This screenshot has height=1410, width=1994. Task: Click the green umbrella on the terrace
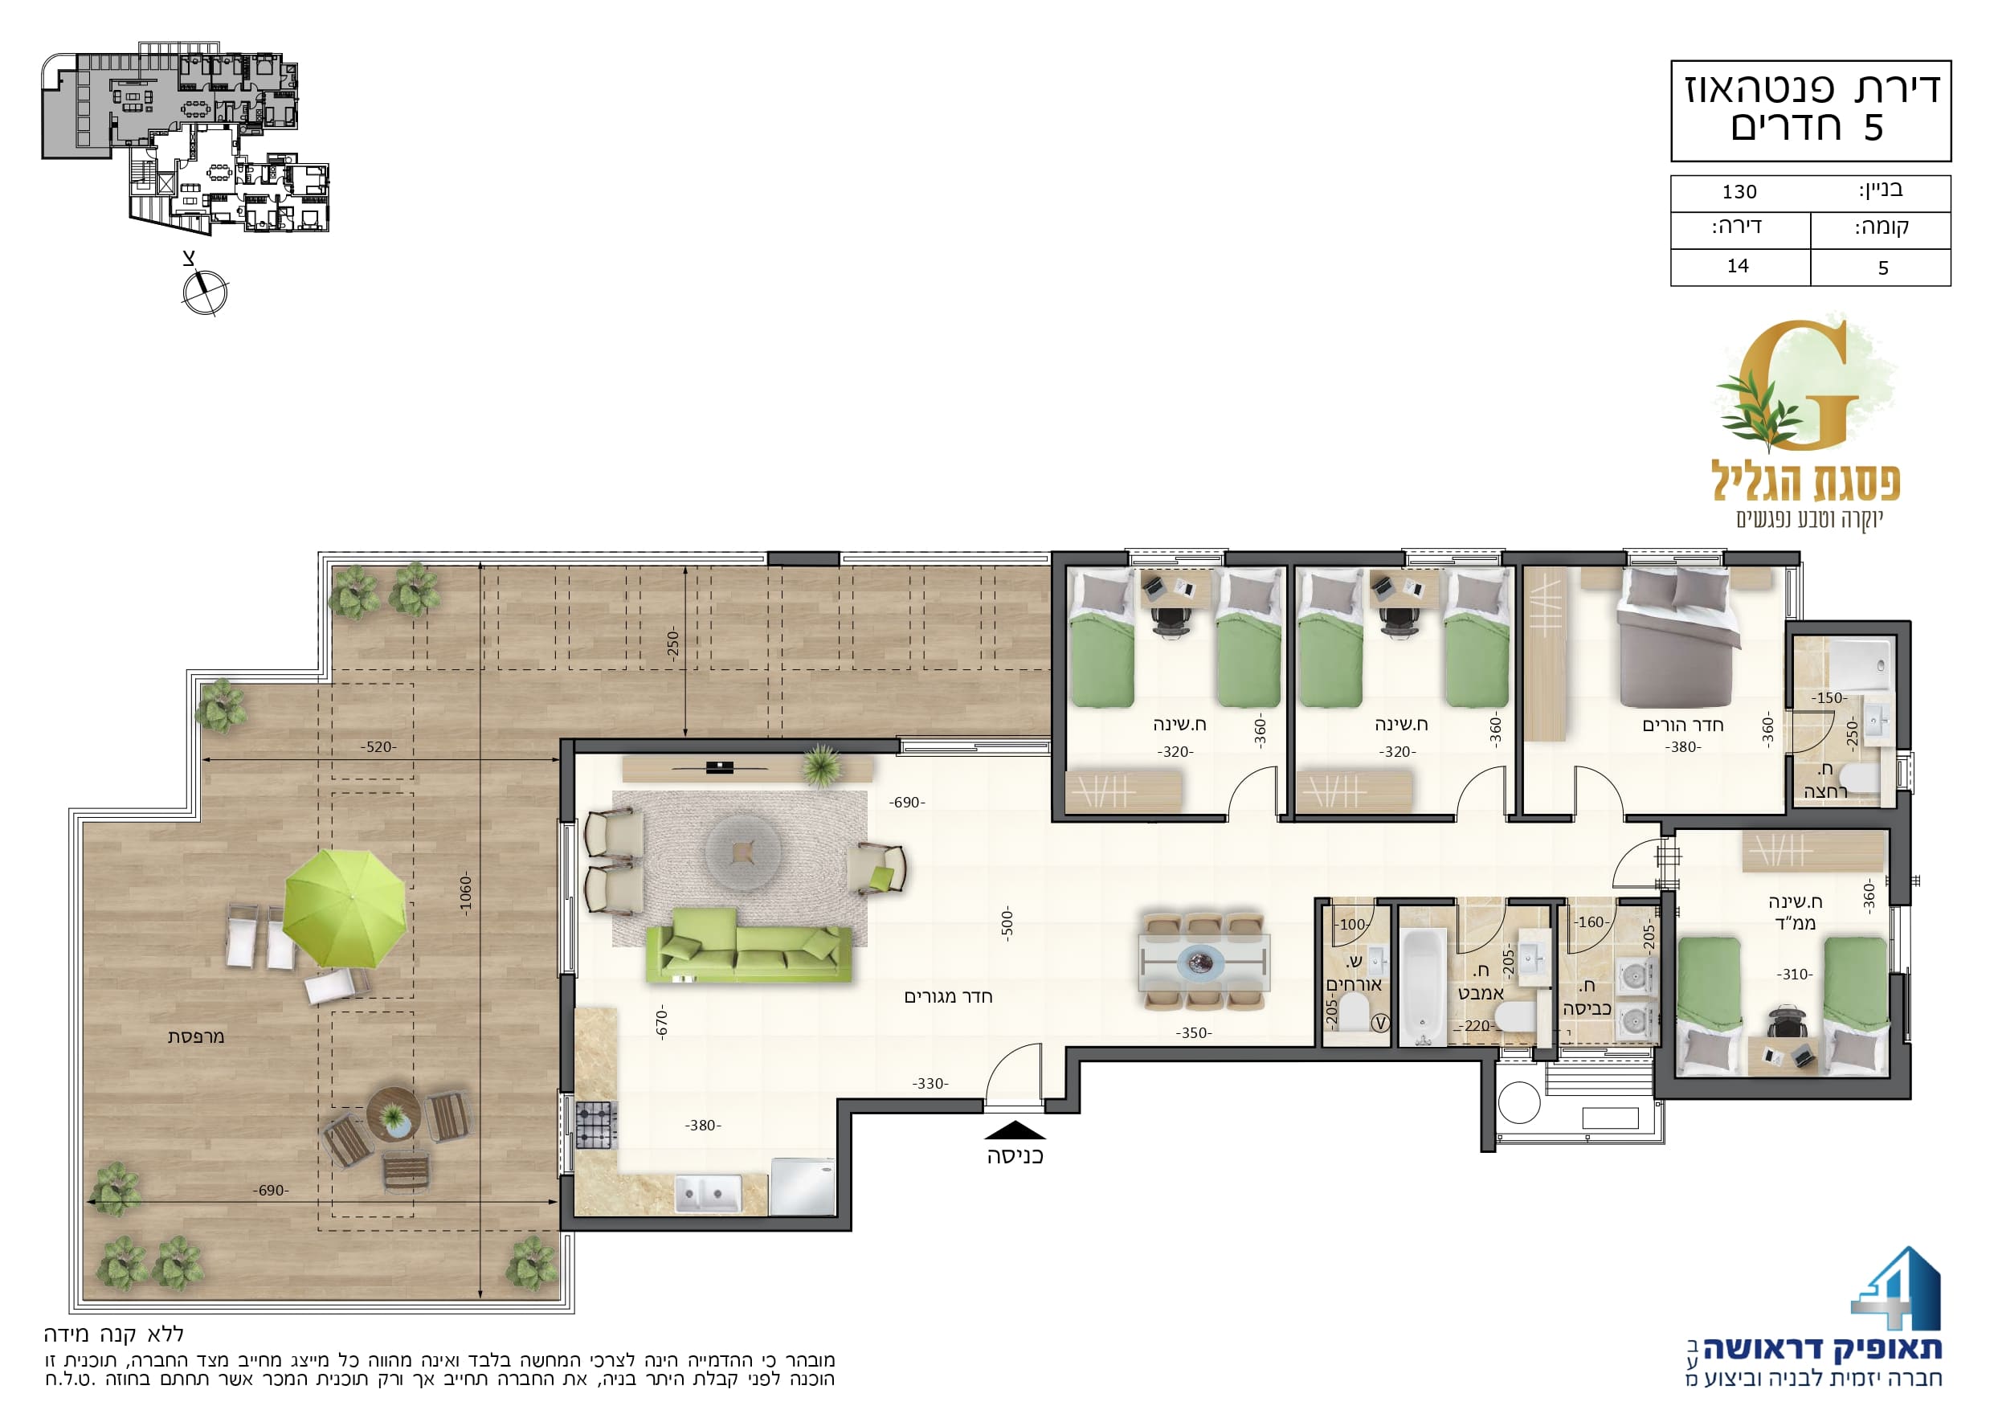click(345, 908)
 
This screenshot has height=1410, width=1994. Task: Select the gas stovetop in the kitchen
click(596, 1125)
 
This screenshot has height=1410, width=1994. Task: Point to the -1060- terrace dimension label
click(467, 895)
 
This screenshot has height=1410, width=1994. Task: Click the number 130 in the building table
click(1739, 192)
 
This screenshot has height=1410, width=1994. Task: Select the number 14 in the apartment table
click(1738, 266)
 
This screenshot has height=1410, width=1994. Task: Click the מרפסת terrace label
click(196, 1036)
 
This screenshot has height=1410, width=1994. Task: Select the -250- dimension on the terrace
click(673, 644)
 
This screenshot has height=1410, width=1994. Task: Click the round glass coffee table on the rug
click(742, 852)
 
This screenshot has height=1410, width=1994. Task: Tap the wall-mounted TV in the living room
click(720, 767)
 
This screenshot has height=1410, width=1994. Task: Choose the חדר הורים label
click(1683, 725)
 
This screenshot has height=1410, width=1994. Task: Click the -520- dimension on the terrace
click(378, 746)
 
